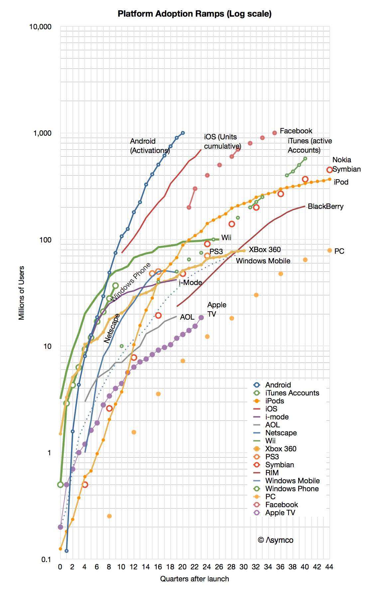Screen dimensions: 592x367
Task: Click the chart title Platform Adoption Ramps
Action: (x=194, y=14)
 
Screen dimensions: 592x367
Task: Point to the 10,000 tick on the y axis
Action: (x=40, y=27)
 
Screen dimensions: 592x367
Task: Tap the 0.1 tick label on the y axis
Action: (x=46, y=559)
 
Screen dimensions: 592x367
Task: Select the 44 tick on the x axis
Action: (x=329, y=567)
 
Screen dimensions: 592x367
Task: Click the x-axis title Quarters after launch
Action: (x=194, y=579)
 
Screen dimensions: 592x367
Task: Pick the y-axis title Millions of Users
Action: (x=22, y=293)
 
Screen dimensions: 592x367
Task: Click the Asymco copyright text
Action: (x=276, y=540)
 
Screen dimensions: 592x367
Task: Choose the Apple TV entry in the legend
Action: (x=280, y=513)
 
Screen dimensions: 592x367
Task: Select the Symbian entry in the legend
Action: (x=279, y=465)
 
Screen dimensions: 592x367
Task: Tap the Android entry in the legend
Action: (x=278, y=385)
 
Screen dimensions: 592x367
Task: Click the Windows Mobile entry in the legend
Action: (x=292, y=481)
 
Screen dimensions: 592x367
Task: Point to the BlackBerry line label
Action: (x=325, y=206)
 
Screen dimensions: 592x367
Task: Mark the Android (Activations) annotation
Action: (x=150, y=146)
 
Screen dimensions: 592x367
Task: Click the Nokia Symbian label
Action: (x=346, y=165)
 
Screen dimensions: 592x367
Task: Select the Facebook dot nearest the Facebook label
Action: (x=275, y=133)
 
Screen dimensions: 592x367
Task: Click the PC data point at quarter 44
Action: (x=329, y=250)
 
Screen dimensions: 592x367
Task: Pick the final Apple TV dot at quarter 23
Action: (x=201, y=318)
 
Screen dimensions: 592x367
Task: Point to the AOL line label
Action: (x=187, y=317)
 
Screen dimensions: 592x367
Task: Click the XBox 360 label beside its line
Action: (x=265, y=249)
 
